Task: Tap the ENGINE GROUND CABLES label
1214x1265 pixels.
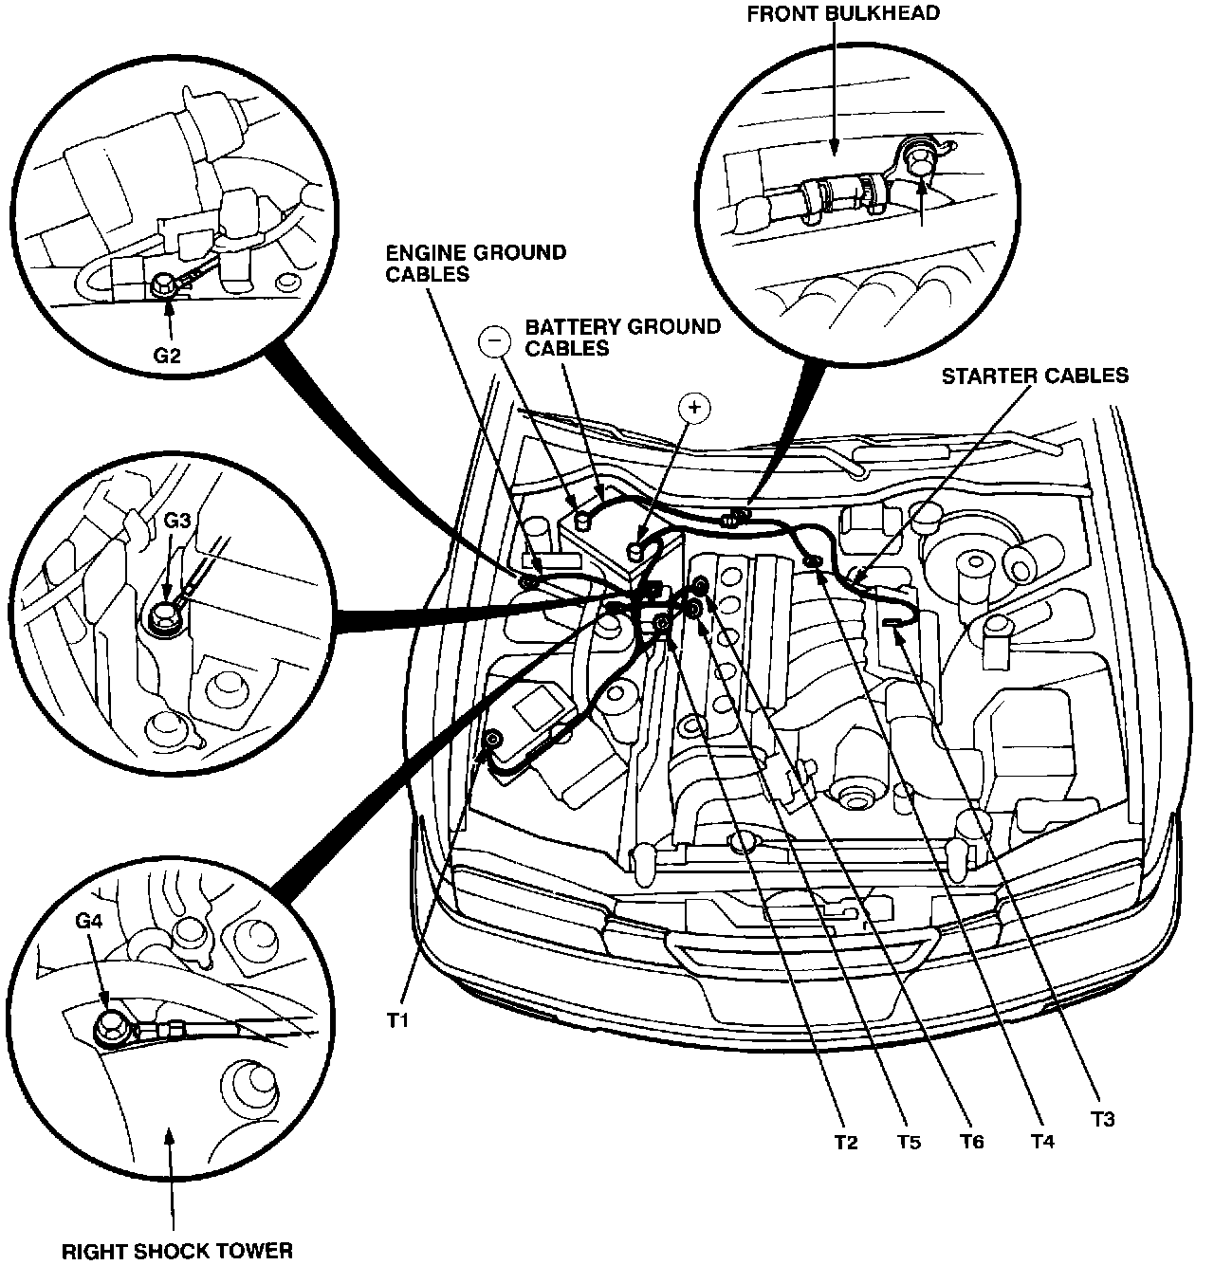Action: pyautogui.click(x=476, y=264)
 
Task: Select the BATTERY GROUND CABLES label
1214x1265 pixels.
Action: pyautogui.click(x=623, y=338)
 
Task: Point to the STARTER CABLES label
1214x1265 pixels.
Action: pyautogui.click(x=1035, y=376)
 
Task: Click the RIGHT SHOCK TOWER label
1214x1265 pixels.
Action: pyautogui.click(x=176, y=1250)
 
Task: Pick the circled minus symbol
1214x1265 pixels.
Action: pyautogui.click(x=494, y=341)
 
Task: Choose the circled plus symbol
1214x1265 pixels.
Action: pyautogui.click(x=695, y=407)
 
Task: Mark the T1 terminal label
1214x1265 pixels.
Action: pyautogui.click(x=397, y=1020)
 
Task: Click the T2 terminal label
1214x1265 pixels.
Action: pyautogui.click(x=846, y=1143)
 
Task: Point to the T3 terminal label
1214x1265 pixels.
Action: pyautogui.click(x=1101, y=1120)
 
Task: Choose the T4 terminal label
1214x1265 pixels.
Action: pyautogui.click(x=1041, y=1142)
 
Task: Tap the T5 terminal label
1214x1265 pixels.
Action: pyautogui.click(x=908, y=1143)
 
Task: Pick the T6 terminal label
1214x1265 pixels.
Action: pyautogui.click(x=970, y=1143)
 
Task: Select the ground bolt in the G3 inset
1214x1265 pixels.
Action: pyautogui.click(x=167, y=614)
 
